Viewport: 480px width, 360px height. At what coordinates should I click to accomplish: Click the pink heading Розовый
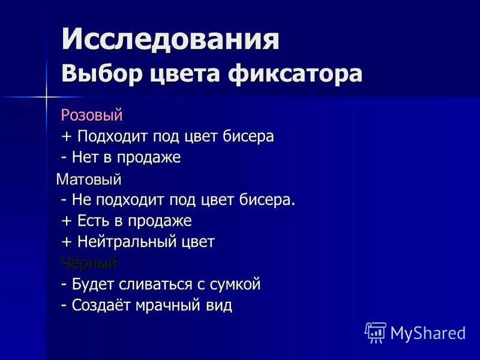tap(91, 114)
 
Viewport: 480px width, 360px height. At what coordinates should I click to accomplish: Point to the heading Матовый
tap(88, 179)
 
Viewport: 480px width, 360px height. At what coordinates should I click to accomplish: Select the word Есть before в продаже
tap(93, 221)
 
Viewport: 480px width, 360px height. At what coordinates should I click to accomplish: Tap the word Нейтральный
tap(127, 242)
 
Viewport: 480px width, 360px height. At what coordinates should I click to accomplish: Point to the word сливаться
tap(154, 284)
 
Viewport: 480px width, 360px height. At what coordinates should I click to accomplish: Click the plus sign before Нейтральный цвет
tap(66, 242)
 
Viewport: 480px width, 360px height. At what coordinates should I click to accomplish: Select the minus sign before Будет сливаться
tap(64, 284)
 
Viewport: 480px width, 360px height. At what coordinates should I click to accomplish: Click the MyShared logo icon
tap(375, 332)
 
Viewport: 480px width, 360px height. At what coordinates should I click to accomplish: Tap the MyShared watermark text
tap(428, 332)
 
